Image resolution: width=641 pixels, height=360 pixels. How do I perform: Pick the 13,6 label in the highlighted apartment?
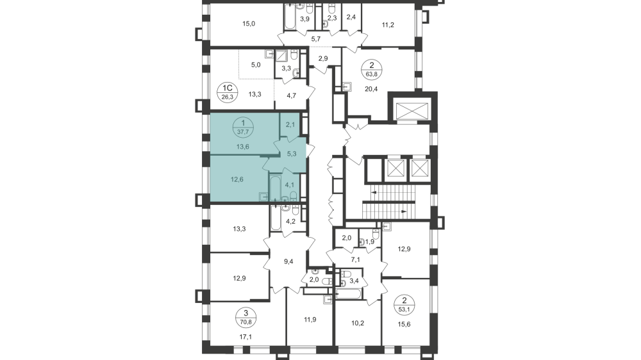click(242, 147)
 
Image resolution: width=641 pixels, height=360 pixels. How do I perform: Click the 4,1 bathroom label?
click(290, 185)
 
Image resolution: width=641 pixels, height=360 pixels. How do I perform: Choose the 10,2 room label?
click(357, 323)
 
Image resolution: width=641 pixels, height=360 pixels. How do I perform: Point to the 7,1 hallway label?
click(356, 260)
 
